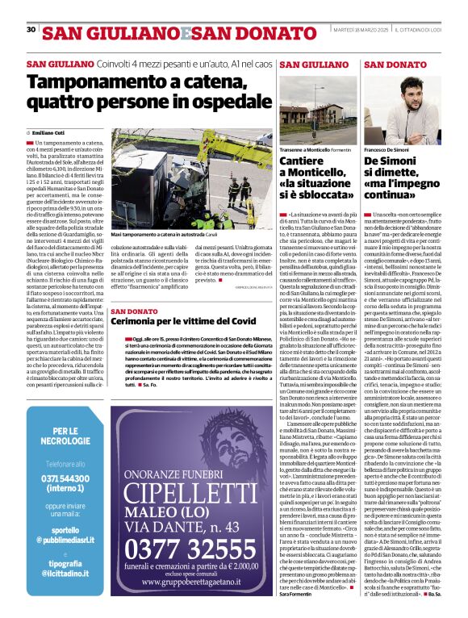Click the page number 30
point(31,29)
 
